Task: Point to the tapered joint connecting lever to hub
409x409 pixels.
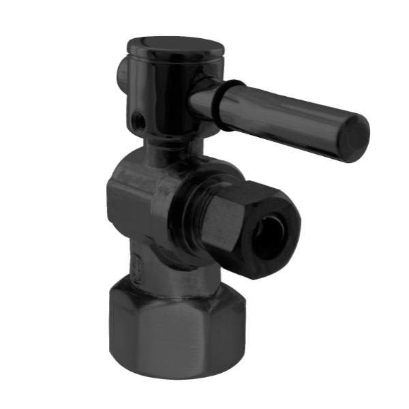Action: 204,95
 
